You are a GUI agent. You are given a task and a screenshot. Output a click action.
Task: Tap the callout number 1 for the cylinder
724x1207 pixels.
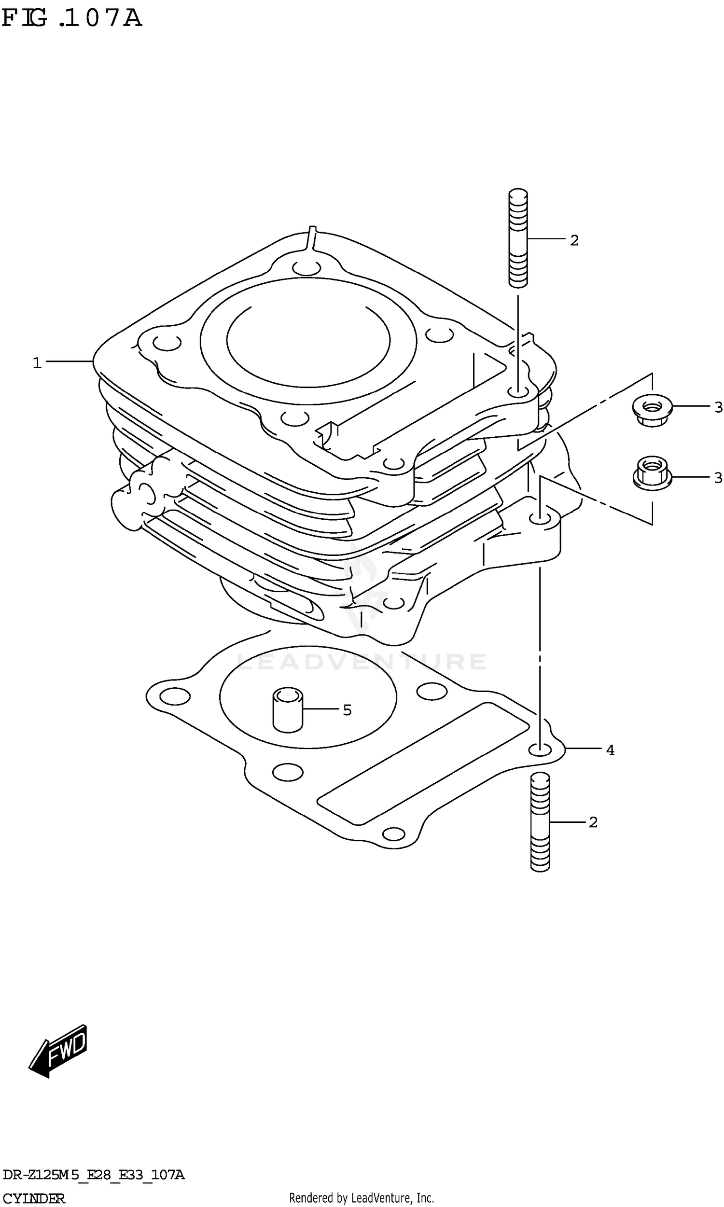click(x=37, y=363)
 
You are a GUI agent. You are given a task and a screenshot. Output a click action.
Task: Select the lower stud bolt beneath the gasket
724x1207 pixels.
click(x=540, y=822)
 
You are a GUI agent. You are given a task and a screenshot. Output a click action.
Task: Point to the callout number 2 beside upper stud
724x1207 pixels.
click(x=574, y=240)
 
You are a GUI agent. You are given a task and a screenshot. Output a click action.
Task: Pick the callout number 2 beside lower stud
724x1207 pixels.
click(x=593, y=822)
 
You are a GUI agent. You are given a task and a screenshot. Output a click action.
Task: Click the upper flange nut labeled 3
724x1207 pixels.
click(x=652, y=410)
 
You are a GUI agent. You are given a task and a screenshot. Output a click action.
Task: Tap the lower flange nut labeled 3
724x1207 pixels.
click(x=652, y=473)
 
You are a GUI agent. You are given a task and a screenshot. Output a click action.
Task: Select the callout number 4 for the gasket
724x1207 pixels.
click(x=610, y=750)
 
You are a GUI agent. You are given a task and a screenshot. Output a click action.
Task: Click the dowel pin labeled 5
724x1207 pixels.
click(x=287, y=709)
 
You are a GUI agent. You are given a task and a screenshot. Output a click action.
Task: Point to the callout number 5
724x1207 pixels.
click(x=347, y=710)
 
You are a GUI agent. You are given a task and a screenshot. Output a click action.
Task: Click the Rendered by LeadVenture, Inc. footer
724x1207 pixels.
click(x=361, y=1194)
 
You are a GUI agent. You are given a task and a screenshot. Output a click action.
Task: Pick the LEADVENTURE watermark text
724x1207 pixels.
click(x=361, y=662)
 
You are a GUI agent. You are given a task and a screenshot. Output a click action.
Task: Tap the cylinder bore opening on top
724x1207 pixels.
click(x=308, y=340)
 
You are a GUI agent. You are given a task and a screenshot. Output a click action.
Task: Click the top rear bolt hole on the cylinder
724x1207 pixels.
click(x=307, y=267)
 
